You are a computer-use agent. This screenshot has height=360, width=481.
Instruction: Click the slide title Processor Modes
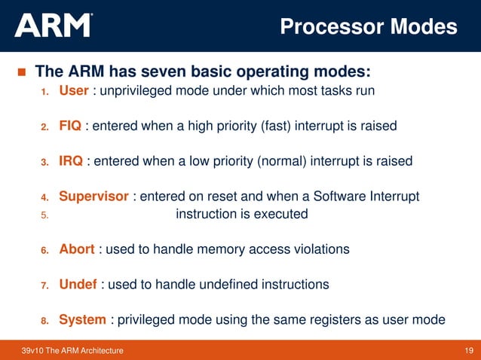tap(368, 26)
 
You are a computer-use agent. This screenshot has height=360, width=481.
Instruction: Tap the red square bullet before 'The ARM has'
tap(20, 73)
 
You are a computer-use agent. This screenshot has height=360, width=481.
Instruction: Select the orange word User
tap(74, 91)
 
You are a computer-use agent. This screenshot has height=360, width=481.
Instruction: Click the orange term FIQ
tap(71, 126)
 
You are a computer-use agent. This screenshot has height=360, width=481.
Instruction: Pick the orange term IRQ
tap(71, 161)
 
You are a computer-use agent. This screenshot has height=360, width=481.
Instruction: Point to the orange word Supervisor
tap(94, 197)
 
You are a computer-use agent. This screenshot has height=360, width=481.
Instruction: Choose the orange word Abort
tap(78, 249)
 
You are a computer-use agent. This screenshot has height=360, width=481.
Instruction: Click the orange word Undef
tap(78, 284)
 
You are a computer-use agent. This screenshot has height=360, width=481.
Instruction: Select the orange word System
tap(82, 319)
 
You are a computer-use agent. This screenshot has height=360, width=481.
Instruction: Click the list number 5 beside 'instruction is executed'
tap(44, 215)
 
